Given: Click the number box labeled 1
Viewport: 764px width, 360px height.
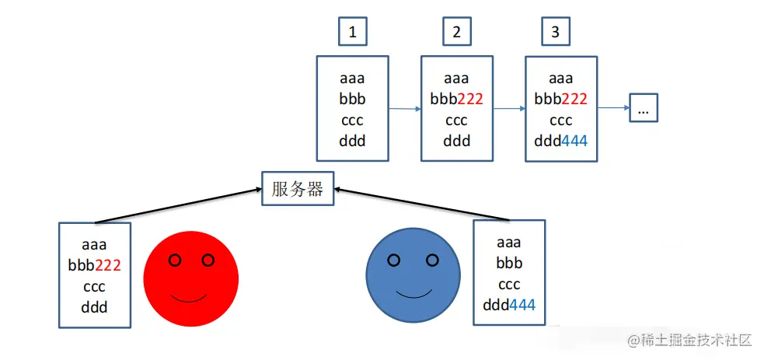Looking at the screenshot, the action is point(353,33).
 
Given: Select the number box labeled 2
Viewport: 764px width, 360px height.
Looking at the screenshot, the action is point(456,33).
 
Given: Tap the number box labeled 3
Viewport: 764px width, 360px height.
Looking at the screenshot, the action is point(555,33).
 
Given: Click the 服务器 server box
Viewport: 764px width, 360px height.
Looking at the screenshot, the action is point(298,189).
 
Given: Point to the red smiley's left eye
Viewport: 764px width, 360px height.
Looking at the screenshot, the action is point(175,260).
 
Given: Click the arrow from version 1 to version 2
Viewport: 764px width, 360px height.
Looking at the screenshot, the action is point(404,109).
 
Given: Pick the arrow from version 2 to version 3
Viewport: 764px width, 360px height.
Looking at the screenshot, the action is point(508,109).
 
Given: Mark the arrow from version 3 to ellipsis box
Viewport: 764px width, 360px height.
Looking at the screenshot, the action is point(613,109).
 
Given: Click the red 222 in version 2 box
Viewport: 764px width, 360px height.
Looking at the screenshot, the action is point(469,100).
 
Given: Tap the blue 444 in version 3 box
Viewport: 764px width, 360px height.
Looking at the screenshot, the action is point(574,142).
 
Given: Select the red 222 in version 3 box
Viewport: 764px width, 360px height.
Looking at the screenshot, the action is point(574,100).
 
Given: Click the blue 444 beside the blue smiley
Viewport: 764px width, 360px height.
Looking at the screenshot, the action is point(522,305).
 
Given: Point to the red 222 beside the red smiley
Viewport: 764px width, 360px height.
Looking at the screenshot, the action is point(107,265).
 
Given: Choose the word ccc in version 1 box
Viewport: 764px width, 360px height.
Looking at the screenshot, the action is point(352,121).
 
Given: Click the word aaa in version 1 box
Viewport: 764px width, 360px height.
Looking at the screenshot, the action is point(352,79).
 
